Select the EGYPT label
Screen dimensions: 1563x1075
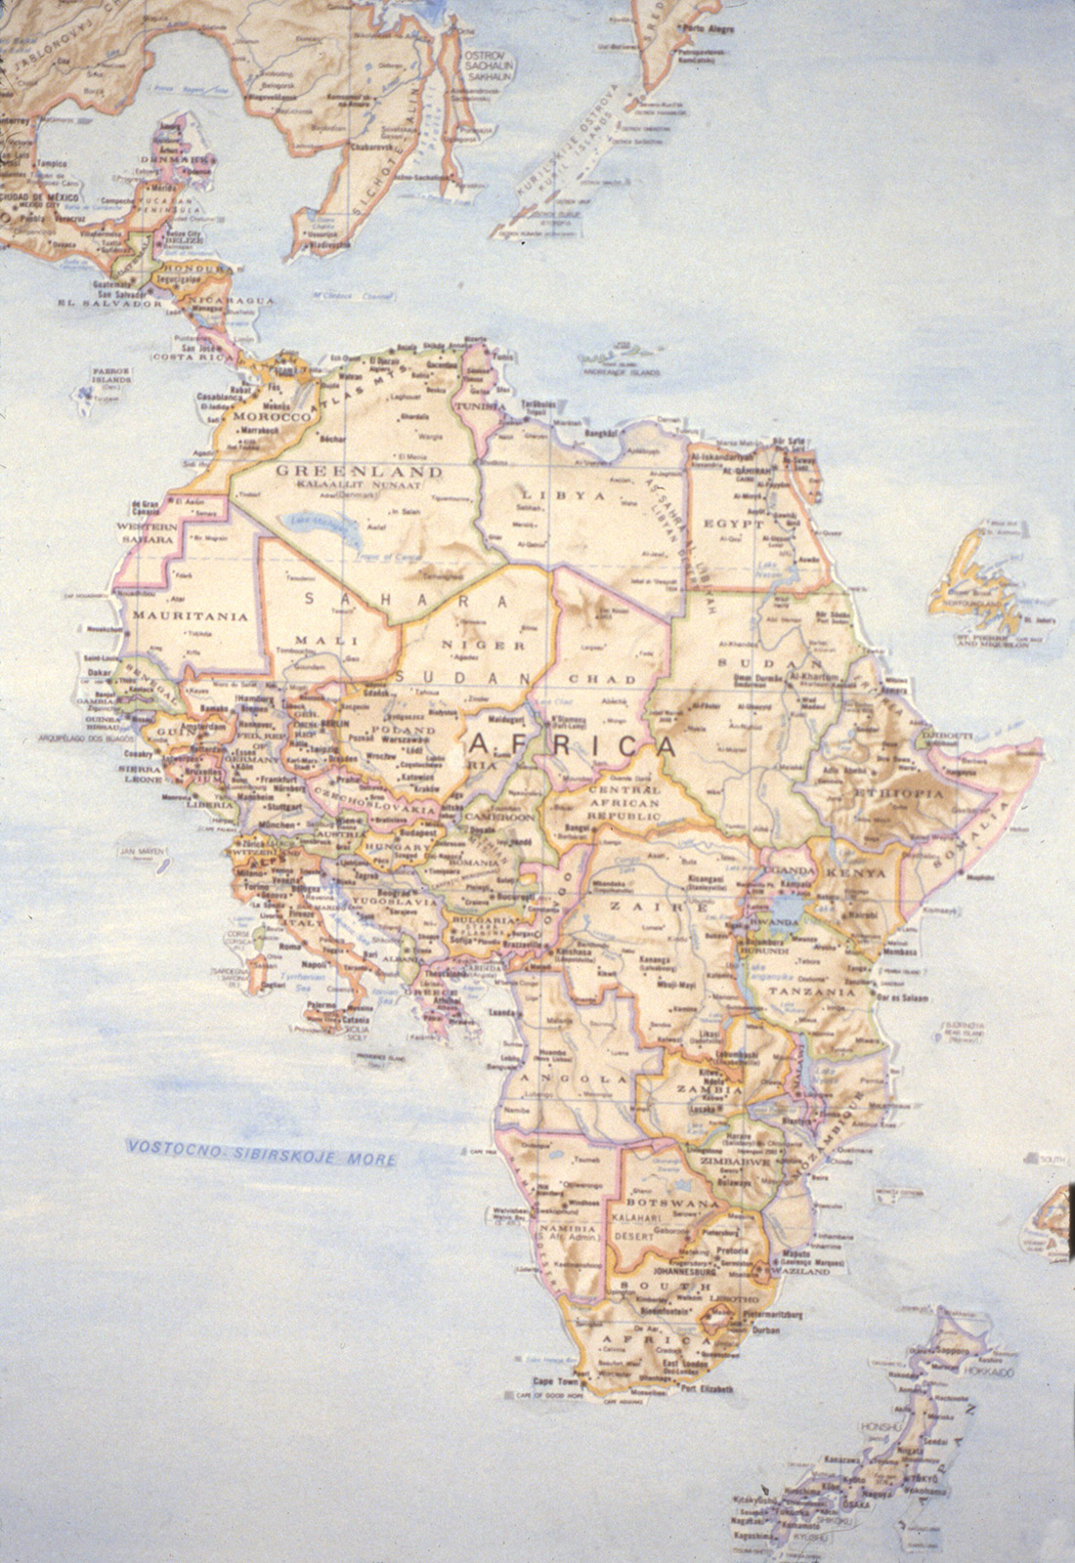tap(741, 523)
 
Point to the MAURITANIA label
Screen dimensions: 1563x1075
tap(177, 616)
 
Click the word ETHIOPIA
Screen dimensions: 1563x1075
tap(899, 793)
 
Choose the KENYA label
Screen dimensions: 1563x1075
tap(855, 872)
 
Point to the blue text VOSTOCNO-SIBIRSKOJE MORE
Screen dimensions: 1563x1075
tap(262, 1153)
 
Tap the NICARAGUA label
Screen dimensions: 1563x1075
tap(228, 299)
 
